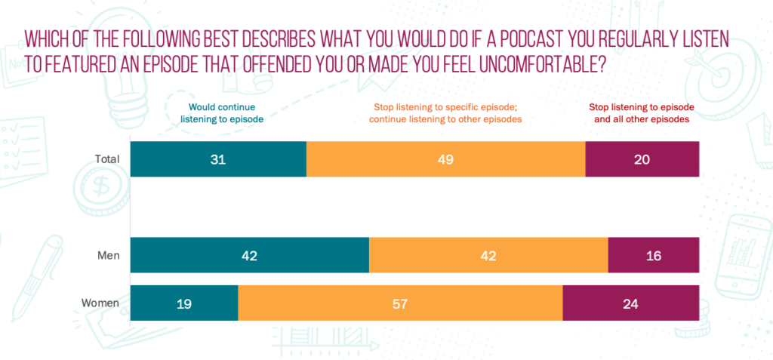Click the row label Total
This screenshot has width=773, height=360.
[x=108, y=159]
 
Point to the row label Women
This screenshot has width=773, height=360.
[x=101, y=304]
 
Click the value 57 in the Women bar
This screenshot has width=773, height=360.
[x=401, y=304]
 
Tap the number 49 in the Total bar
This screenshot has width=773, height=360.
[x=446, y=159]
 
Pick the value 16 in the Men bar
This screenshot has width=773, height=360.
[x=654, y=256]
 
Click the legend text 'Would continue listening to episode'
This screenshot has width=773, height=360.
[x=224, y=113]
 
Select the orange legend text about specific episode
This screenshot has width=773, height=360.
[x=446, y=113]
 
